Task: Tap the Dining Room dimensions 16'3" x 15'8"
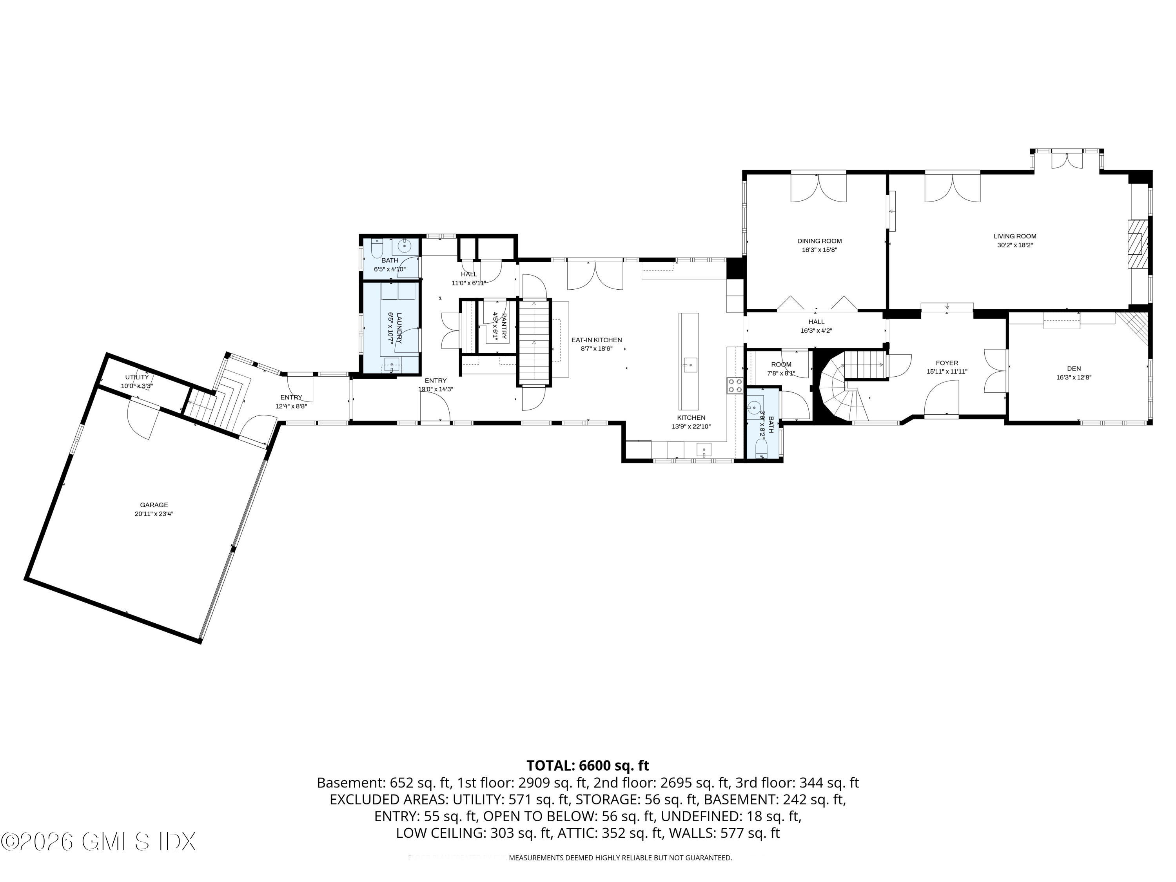[x=819, y=250]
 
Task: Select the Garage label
[x=154, y=505]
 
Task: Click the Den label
[x=1073, y=368]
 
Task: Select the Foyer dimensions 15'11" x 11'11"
[x=947, y=372]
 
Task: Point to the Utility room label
[x=137, y=377]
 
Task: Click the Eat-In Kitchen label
[x=596, y=340]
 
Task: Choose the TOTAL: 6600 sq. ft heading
[x=588, y=766]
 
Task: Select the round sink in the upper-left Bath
[x=405, y=246]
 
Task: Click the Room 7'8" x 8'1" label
[x=780, y=365]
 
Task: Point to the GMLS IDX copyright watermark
[x=98, y=842]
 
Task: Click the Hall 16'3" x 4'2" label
[x=816, y=322]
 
